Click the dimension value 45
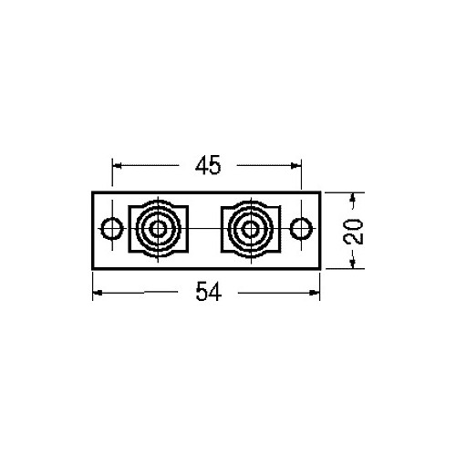tap(208, 166)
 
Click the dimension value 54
tap(209, 291)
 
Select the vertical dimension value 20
tap(353, 232)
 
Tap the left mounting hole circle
tap(112, 229)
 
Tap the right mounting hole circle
tap(301, 229)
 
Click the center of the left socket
tap(158, 229)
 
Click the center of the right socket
tap(251, 229)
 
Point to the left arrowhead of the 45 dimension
tap(117, 166)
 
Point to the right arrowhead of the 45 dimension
tap(295, 166)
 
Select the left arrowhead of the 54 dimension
tap(98, 293)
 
